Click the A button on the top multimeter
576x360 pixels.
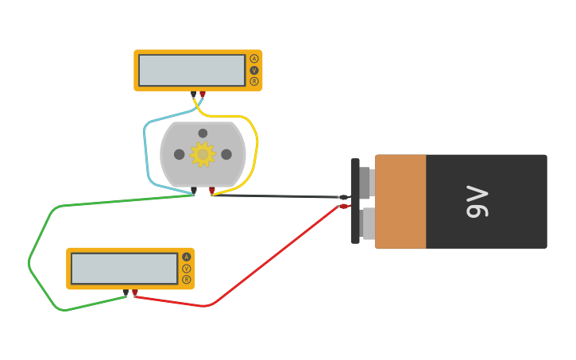[x=254, y=59]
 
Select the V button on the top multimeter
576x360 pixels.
[x=254, y=70]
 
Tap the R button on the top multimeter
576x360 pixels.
[x=254, y=81]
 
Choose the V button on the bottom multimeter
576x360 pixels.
[x=187, y=269]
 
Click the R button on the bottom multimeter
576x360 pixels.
[x=187, y=280]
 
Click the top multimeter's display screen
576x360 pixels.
[x=191, y=70]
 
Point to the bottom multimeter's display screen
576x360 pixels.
[x=124, y=269]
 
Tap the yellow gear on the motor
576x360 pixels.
[x=203, y=154]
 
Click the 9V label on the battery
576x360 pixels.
[x=477, y=202]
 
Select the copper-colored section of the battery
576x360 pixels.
[x=400, y=202]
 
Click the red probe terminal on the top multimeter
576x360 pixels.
[x=203, y=94]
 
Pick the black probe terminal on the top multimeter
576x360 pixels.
[x=193, y=94]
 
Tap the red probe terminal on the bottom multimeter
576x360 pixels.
[x=135, y=292]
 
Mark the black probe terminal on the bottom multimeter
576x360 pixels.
[x=126, y=292]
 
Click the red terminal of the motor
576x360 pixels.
[x=212, y=190]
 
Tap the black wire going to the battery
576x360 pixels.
[x=278, y=195]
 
